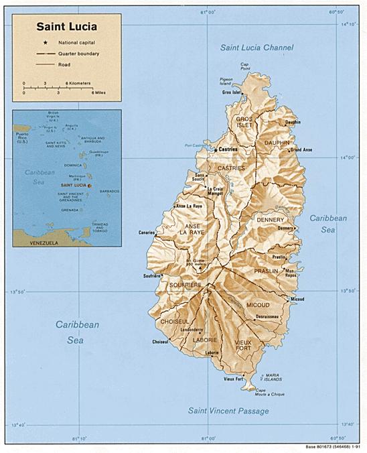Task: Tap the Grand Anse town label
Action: coord(301,149)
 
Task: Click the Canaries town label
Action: coord(147,233)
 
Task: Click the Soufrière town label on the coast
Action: coord(151,275)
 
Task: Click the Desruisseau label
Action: coord(267,316)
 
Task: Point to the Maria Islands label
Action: coord(271,377)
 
